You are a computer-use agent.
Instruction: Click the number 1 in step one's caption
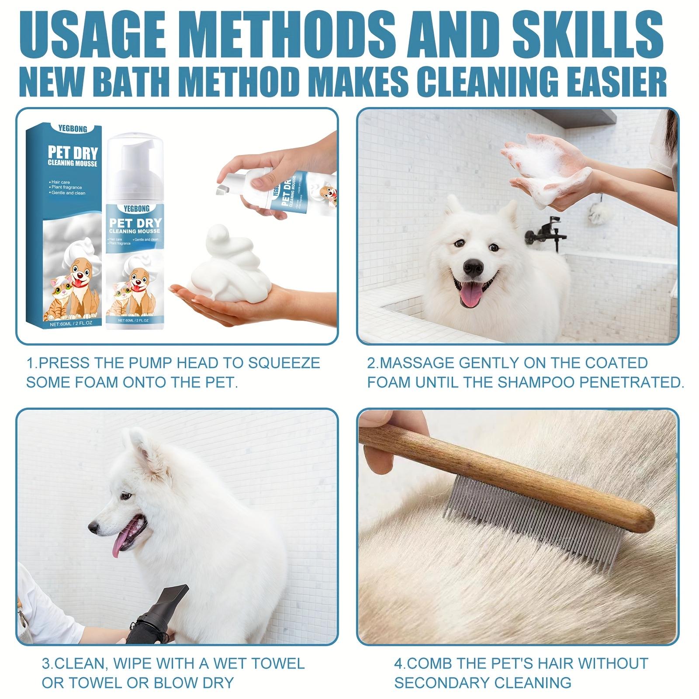pyautogui.click(x=30, y=363)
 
